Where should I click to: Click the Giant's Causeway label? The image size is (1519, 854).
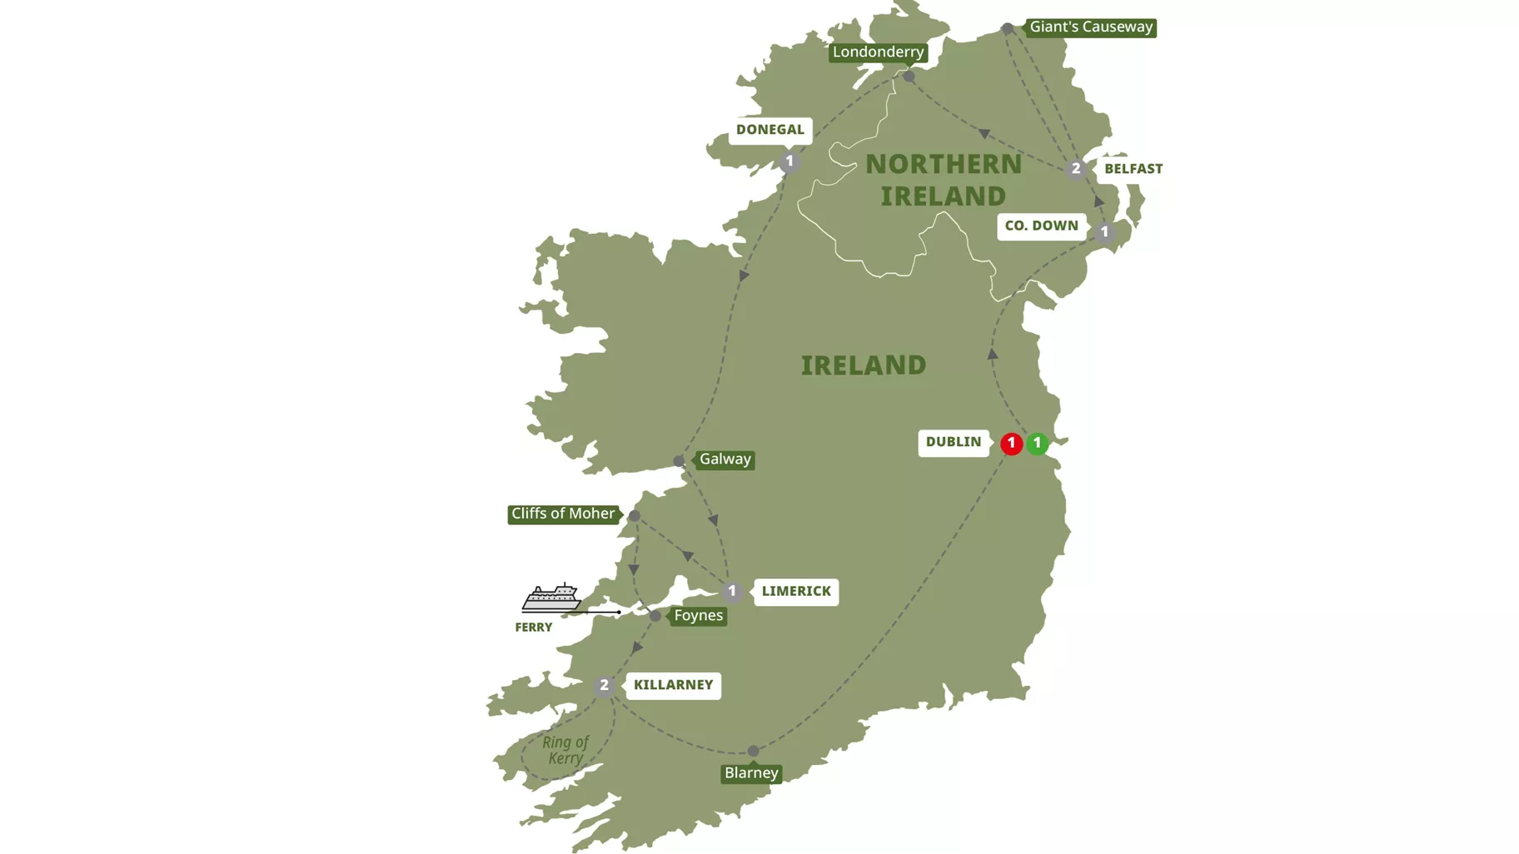click(1090, 27)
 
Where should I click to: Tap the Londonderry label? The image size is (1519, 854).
click(878, 52)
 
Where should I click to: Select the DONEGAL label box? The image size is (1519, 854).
click(769, 130)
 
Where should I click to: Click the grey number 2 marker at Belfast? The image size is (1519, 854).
click(1075, 169)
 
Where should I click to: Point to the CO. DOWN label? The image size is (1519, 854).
click(1041, 226)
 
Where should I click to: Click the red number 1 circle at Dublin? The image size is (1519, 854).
click(1011, 444)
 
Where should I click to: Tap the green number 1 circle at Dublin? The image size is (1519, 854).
click(1037, 444)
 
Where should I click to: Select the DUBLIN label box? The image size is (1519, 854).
click(954, 442)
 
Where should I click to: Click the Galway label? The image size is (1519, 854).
click(725, 459)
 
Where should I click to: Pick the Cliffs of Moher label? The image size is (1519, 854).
click(563, 514)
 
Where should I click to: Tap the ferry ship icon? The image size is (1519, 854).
click(551, 597)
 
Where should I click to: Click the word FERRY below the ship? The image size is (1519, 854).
click(533, 628)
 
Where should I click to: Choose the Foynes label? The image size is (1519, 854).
click(698, 616)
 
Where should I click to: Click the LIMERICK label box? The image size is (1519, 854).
click(796, 591)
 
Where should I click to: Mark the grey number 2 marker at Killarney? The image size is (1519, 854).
click(605, 686)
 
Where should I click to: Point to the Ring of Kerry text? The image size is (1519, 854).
click(565, 750)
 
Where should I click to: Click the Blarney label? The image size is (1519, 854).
click(751, 773)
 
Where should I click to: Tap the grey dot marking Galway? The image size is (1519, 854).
click(680, 461)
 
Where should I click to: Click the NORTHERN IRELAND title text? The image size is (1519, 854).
click(944, 180)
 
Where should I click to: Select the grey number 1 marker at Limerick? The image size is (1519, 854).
click(732, 592)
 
